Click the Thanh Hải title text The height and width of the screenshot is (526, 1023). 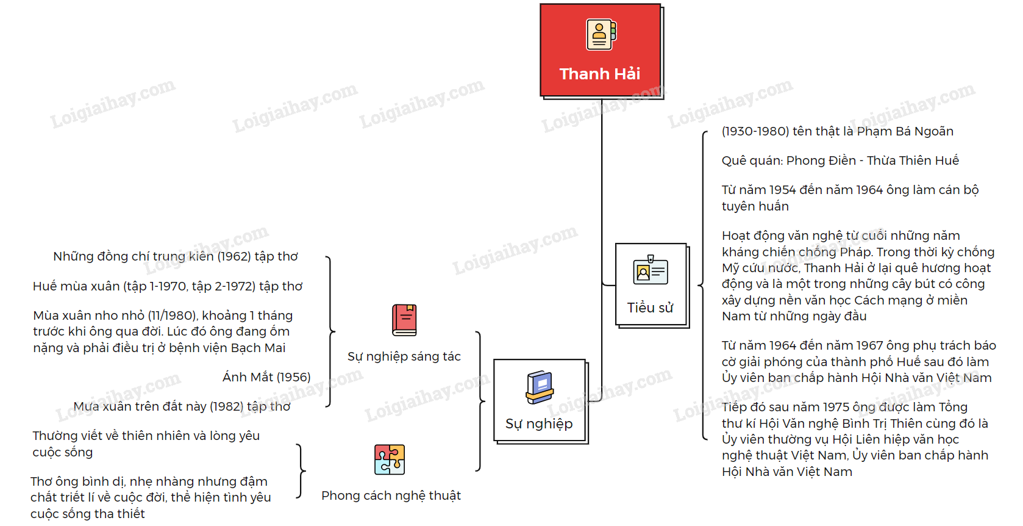click(600, 74)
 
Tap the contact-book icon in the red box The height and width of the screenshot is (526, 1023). click(601, 34)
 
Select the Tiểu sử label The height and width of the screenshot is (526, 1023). click(650, 308)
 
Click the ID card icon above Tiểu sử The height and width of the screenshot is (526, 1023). click(651, 271)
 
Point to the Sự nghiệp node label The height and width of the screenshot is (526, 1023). click(539, 423)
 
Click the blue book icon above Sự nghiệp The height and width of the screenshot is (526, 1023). click(540, 387)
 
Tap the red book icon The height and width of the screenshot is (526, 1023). click(404, 320)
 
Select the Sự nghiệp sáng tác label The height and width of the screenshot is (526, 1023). click(404, 356)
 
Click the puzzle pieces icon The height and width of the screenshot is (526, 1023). click(390, 459)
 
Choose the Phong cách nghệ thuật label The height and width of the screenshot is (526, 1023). click(391, 495)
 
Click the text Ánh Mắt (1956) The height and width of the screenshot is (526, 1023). click(266, 377)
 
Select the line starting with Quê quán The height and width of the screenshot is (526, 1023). click(840, 160)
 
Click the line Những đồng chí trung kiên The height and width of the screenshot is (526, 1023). click(176, 256)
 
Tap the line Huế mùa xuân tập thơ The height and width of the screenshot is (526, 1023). click(168, 286)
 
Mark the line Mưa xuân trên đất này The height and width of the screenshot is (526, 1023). click(182, 406)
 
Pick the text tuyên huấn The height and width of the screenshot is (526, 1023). click(755, 206)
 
